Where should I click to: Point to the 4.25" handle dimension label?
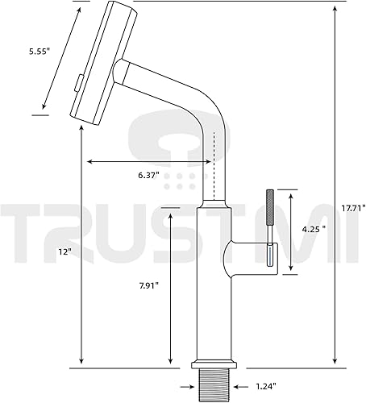[313, 228]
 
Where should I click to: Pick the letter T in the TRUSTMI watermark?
[31, 239]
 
